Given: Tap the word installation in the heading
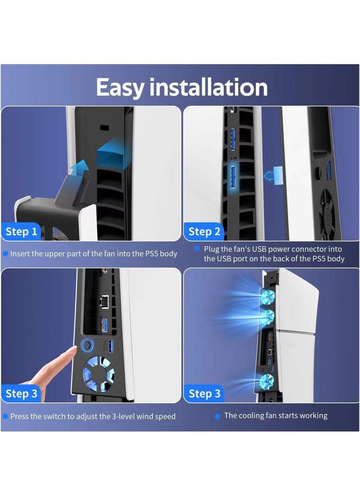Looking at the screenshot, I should tap(208, 87).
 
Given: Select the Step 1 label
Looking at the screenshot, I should tap(21, 232).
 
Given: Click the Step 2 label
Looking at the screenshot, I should tap(204, 232).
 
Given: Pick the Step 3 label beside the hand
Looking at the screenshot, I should tap(21, 394).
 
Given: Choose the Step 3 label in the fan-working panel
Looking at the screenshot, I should tap(204, 394).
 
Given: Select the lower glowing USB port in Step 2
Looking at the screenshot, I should tap(234, 176).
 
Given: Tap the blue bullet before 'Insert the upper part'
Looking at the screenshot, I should tap(5, 254).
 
